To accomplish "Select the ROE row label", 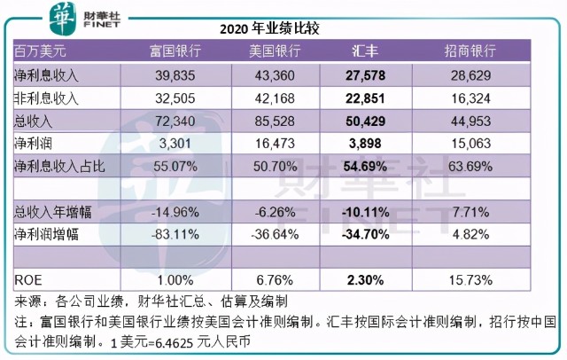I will point(27,280).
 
